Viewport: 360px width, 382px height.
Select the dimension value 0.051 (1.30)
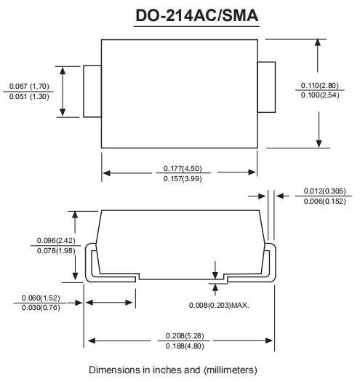click(29, 97)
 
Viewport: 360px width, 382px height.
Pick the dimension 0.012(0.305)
click(325, 191)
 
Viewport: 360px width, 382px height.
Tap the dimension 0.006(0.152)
click(325, 201)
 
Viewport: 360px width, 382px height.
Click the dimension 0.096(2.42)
click(36, 241)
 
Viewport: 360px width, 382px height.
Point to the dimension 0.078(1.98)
click(36, 251)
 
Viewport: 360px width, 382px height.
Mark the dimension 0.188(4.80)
click(180, 346)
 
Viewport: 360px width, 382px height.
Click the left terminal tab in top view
click(92, 91)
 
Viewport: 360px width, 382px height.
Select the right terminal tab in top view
click(267, 87)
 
